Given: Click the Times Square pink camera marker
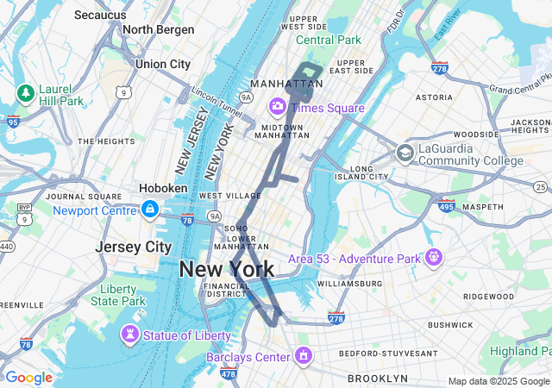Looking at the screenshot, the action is (279, 107).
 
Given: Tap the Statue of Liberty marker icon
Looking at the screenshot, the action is (130, 334).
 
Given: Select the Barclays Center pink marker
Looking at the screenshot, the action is (303, 354).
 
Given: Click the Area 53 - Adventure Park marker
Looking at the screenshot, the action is (432, 257).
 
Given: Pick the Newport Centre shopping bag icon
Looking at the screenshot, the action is (150, 209).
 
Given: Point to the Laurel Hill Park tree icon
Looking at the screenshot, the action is (25, 91).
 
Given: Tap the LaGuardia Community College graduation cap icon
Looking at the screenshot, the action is (405, 153).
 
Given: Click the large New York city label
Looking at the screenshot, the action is (227, 269).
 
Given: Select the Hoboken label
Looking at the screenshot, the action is (164, 188).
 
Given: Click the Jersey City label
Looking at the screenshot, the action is (133, 247).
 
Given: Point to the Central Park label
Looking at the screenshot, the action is (329, 40).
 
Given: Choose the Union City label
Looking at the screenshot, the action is (162, 64).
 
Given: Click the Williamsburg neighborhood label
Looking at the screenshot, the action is (349, 283).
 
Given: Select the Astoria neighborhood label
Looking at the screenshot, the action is (434, 98).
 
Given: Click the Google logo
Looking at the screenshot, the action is (28, 378).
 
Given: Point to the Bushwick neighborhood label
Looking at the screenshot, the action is (449, 325).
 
